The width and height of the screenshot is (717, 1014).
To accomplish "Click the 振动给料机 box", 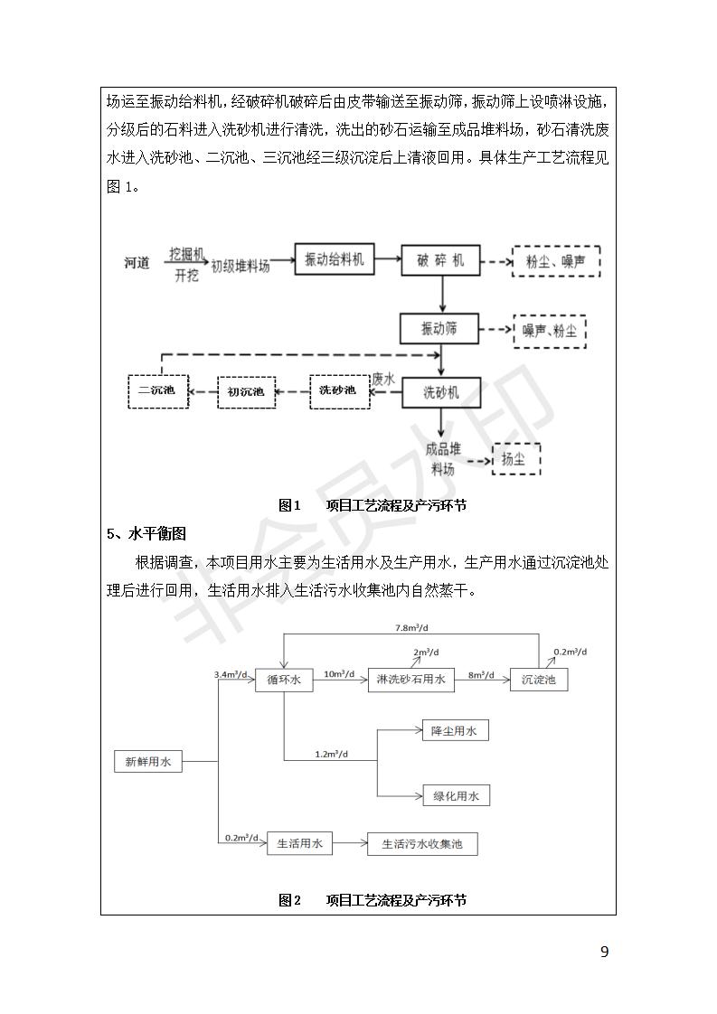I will click(x=335, y=260).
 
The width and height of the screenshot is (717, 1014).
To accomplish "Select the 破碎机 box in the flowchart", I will click(x=441, y=260).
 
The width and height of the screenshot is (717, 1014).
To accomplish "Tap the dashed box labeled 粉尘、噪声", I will click(x=555, y=261).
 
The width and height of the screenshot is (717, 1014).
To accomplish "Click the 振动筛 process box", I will click(x=440, y=328).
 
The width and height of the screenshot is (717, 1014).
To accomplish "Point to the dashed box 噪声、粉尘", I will click(x=550, y=332).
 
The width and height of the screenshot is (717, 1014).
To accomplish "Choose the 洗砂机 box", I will click(x=441, y=392).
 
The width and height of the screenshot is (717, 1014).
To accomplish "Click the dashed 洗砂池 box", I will click(x=339, y=390).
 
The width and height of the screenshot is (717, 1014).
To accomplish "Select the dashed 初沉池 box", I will click(x=245, y=391).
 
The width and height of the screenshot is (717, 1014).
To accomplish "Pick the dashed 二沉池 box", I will click(x=157, y=391).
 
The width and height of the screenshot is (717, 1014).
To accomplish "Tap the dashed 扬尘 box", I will click(x=514, y=459).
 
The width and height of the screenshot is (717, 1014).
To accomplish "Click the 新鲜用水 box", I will click(x=148, y=761).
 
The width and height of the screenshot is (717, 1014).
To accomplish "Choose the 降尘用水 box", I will click(x=455, y=730).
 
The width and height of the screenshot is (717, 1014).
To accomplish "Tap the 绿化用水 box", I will click(x=456, y=795).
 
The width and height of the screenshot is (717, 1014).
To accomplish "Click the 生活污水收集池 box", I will click(x=422, y=844).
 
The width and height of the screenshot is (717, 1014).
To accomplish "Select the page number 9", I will click(x=604, y=952).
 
